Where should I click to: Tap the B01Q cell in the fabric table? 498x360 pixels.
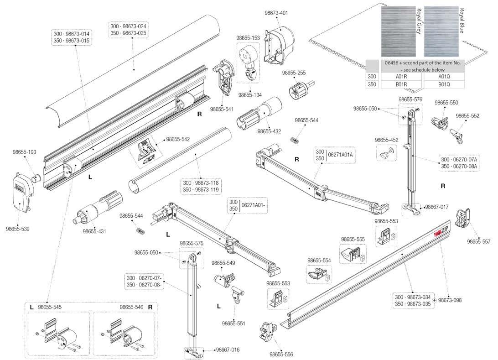[444, 84]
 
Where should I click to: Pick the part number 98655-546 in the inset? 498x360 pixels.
[132, 307]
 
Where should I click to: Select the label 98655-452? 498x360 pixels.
[386, 140]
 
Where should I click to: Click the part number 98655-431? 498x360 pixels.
[94, 231]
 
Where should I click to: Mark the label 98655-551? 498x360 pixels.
[233, 323]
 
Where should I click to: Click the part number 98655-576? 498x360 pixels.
[410, 99]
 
